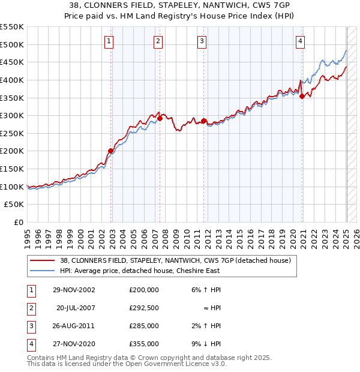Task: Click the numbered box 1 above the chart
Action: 109,41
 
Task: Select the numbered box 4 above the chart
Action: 300,41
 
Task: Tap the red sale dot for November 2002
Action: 111,151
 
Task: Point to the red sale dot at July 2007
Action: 160,118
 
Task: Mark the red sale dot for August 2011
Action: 204,121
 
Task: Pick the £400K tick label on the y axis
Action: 12,80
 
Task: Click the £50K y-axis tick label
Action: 14,205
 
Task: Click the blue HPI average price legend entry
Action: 140,271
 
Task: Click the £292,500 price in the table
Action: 144,308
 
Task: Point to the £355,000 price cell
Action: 144,344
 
